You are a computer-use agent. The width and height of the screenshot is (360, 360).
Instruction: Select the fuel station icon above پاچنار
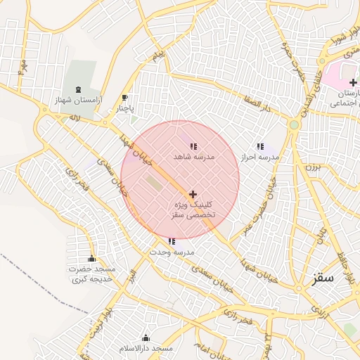(x=124, y=98)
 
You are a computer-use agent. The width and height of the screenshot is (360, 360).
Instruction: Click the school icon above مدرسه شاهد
(x=193, y=146)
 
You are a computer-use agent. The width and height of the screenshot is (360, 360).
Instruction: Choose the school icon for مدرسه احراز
(x=260, y=146)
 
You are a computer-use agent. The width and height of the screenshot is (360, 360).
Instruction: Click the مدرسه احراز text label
(x=260, y=157)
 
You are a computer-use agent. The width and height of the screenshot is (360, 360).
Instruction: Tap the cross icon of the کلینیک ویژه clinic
(x=193, y=193)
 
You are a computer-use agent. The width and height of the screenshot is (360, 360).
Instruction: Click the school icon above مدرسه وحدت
(x=172, y=241)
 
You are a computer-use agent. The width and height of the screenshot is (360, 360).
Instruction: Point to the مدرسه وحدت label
(x=172, y=252)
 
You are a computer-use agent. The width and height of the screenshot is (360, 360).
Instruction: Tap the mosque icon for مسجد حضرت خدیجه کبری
(x=91, y=258)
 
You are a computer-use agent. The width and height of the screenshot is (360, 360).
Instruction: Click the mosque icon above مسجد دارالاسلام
(x=146, y=337)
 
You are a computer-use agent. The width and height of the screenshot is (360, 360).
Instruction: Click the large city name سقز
(x=325, y=278)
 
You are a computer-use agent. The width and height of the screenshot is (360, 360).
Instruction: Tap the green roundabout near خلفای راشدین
(x=294, y=124)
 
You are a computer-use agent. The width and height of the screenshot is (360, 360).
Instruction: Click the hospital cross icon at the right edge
(x=352, y=82)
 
